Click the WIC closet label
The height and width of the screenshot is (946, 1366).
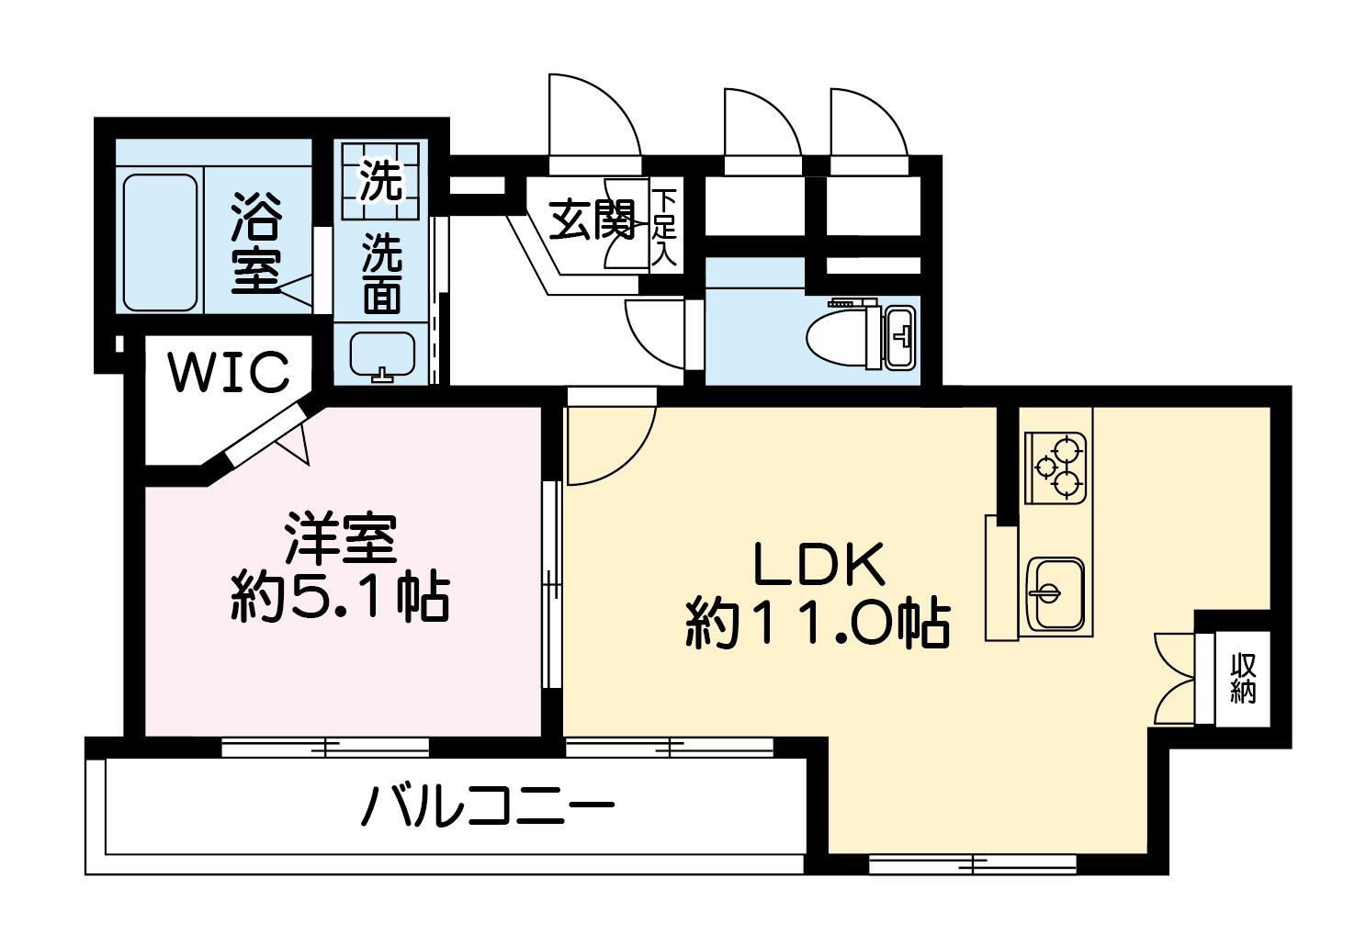pyautogui.click(x=228, y=373)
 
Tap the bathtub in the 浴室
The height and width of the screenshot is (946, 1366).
pyautogui.click(x=160, y=242)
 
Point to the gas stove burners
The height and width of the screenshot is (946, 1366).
pyautogui.click(x=1056, y=466)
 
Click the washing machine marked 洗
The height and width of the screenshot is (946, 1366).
pyautogui.click(x=379, y=180)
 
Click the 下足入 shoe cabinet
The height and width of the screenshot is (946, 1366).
pyautogui.click(x=664, y=229)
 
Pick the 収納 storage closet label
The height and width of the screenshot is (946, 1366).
pyautogui.click(x=1243, y=678)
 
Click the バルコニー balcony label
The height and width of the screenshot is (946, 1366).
pyautogui.click(x=487, y=807)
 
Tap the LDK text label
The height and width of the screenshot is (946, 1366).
pyautogui.click(x=818, y=566)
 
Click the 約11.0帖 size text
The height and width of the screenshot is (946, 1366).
pyautogui.click(x=817, y=626)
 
